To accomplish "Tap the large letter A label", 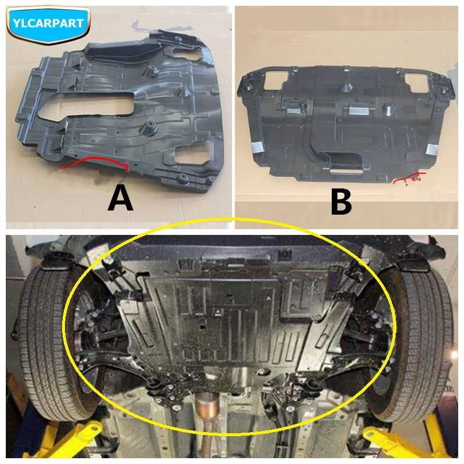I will coord(121,199).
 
